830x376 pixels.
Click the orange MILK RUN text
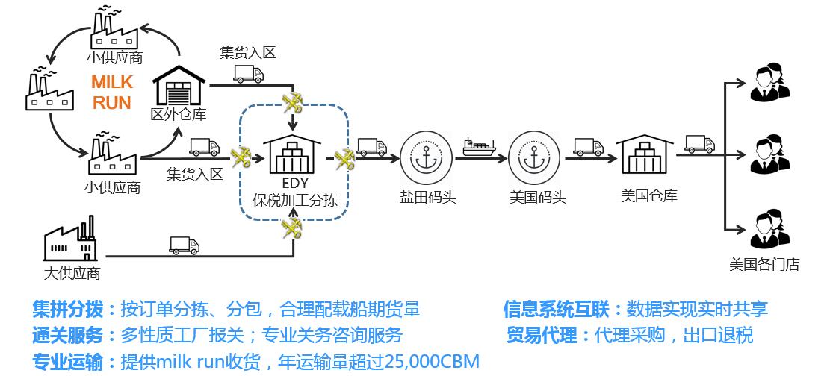tap(112, 93)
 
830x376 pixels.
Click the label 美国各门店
tap(764, 264)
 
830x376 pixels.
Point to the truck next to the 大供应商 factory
tap(184, 245)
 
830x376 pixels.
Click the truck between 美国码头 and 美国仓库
tap(588, 146)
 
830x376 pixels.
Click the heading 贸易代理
tap(542, 334)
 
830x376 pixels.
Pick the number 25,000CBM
tap(431, 362)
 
